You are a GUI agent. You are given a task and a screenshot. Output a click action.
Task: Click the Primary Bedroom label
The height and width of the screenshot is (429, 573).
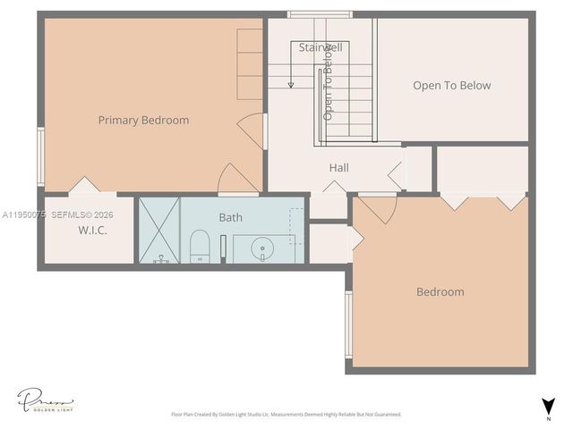(143, 120)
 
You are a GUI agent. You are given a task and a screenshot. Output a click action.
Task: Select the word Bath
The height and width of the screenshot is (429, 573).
(230, 217)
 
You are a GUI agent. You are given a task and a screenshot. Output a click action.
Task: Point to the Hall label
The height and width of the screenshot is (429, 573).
(338, 167)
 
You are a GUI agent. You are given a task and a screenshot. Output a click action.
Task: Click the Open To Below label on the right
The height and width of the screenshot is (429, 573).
(451, 86)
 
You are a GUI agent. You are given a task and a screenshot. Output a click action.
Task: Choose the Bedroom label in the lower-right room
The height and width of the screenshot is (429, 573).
(440, 291)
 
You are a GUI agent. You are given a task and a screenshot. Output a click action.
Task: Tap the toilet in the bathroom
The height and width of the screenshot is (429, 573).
(200, 247)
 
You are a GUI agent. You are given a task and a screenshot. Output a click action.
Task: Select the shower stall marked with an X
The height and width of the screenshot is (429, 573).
(158, 230)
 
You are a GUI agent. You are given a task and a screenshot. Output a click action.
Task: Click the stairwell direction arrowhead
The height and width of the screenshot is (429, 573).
(291, 85)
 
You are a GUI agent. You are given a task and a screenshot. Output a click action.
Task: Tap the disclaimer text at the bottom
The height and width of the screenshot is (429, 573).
(286, 415)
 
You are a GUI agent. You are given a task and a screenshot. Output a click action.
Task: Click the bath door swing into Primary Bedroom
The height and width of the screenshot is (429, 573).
(237, 178)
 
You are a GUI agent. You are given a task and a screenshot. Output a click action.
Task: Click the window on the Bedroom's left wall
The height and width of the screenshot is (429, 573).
(348, 324)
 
